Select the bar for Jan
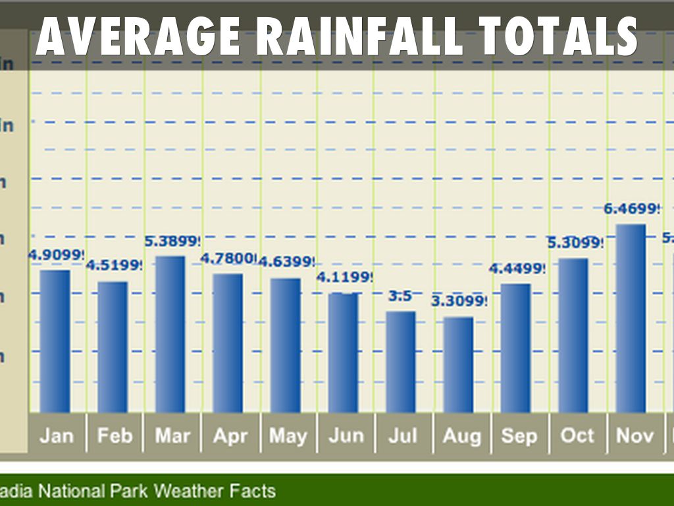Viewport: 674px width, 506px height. (55, 341)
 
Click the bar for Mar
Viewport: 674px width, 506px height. (170, 334)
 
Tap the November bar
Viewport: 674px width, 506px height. (631, 318)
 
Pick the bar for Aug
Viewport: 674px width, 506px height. (458, 364)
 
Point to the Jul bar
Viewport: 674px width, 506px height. (400, 362)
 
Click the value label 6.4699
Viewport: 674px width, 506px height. (631, 210)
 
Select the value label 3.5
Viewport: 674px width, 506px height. (400, 296)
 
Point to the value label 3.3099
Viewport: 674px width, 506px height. (459, 302)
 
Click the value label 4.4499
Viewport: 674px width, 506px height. (517, 269)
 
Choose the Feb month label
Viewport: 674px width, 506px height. (115, 436)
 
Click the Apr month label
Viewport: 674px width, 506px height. (230, 436)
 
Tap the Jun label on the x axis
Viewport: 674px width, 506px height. (346, 436)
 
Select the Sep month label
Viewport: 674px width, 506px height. (519, 436)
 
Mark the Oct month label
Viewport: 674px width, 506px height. (577, 436)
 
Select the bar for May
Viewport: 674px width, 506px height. (285, 345)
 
